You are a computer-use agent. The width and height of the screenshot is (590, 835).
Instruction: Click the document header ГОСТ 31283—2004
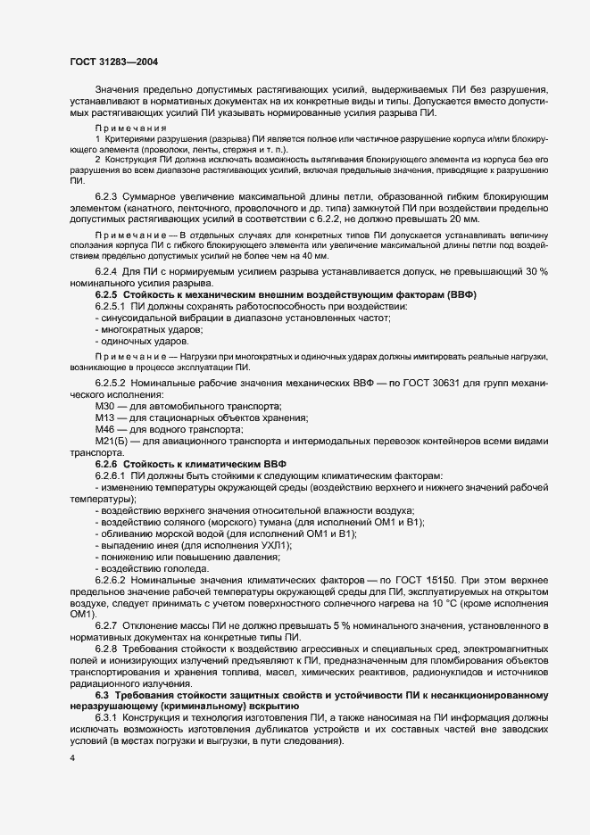pos(113,62)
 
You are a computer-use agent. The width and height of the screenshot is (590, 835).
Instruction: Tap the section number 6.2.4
pos(109,271)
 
